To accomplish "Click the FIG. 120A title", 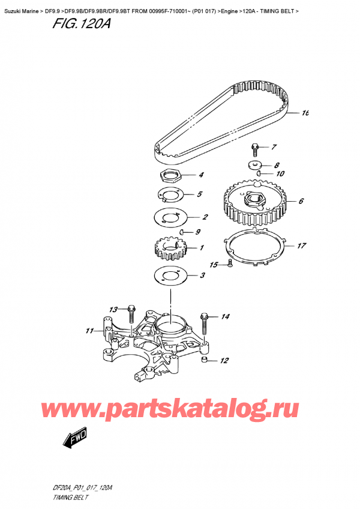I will click(73, 25).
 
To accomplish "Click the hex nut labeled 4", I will click(172, 176).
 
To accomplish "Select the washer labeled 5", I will click(172, 195).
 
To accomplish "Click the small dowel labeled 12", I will click(205, 360).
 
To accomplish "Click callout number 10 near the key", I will click(279, 174).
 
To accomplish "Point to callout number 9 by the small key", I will click(199, 232).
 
